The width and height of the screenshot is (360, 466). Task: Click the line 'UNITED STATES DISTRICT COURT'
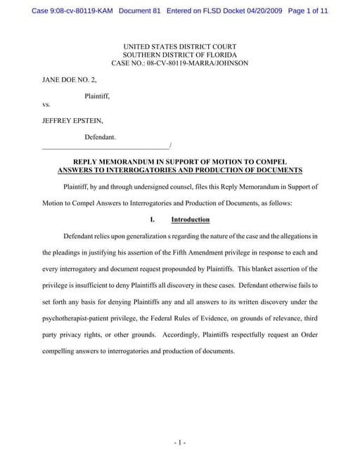[x=179, y=46]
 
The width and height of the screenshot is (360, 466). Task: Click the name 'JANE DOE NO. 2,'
[x=69, y=81]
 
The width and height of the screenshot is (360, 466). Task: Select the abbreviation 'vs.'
[x=46, y=105]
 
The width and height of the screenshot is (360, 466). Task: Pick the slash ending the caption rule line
[x=170, y=145]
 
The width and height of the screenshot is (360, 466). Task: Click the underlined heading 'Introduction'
[x=191, y=219]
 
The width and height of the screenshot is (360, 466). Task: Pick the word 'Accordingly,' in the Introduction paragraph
[x=184, y=335]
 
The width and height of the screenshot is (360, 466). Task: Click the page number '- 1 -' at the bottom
[x=179, y=442]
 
